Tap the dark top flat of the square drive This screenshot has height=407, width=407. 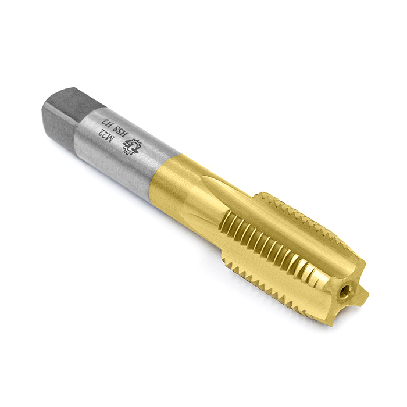(x=73, y=99)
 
